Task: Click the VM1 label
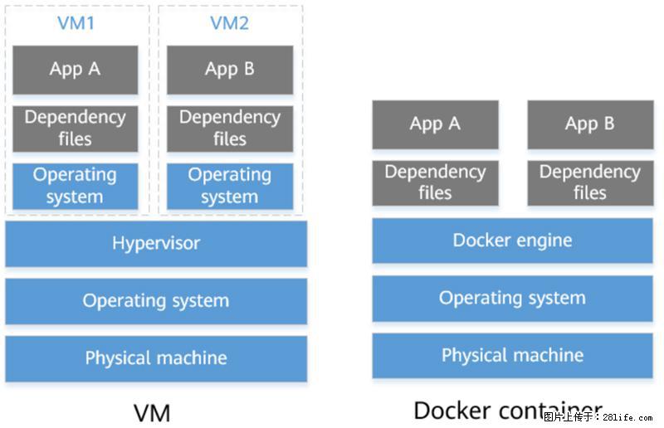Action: click(x=76, y=23)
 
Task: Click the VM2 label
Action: click(x=229, y=23)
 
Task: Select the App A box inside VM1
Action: click(x=76, y=70)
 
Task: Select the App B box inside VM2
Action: click(x=230, y=70)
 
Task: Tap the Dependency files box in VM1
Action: click(x=76, y=129)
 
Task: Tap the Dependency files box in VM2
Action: click(x=230, y=129)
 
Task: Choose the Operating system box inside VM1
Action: click(x=76, y=186)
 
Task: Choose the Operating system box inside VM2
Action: click(x=230, y=186)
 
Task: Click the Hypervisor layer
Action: click(x=156, y=244)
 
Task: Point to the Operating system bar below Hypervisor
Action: click(x=156, y=301)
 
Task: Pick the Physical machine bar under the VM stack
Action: click(x=156, y=358)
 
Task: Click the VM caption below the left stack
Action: click(x=152, y=411)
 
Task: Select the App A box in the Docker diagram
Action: click(x=435, y=124)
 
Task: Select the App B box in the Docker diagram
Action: click(x=590, y=124)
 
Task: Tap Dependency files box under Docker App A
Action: click(x=435, y=182)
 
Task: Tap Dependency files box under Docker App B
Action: click(x=590, y=182)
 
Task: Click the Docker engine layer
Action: click(x=512, y=241)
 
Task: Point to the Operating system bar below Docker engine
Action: click(x=512, y=298)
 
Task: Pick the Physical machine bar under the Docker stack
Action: click(x=512, y=356)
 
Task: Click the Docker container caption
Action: click(x=507, y=410)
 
